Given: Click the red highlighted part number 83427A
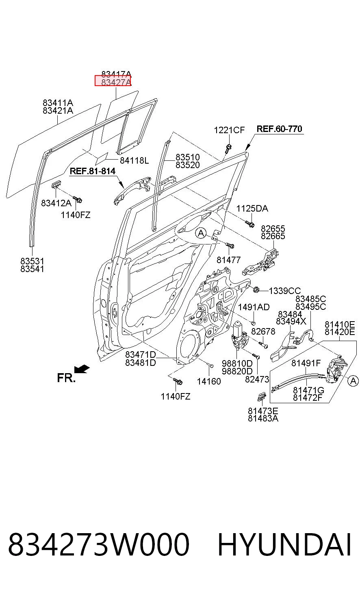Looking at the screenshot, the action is pos(116,82).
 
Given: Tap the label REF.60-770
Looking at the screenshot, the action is pos(280,129).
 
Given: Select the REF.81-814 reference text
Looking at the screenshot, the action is pos(93,171).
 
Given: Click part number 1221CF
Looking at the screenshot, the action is pos(229,130).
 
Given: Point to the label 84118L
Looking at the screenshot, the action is pos(134,160).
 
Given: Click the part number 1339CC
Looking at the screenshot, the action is pos(284,291).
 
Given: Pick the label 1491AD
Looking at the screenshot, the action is pos(254,307).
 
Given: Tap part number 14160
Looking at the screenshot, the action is pos(209,381).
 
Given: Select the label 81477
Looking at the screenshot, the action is pos(228,260).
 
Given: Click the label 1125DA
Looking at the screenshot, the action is pos(252,209).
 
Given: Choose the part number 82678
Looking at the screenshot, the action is pos(263,331).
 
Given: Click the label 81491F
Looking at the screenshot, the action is pos(306,363).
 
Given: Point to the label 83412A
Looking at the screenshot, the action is pos(56,203).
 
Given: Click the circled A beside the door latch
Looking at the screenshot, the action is pos(353,381).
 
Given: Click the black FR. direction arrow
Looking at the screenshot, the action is pos(82,369).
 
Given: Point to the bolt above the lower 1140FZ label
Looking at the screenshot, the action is pos(178,381).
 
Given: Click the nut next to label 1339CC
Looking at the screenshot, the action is pos(256,290).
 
